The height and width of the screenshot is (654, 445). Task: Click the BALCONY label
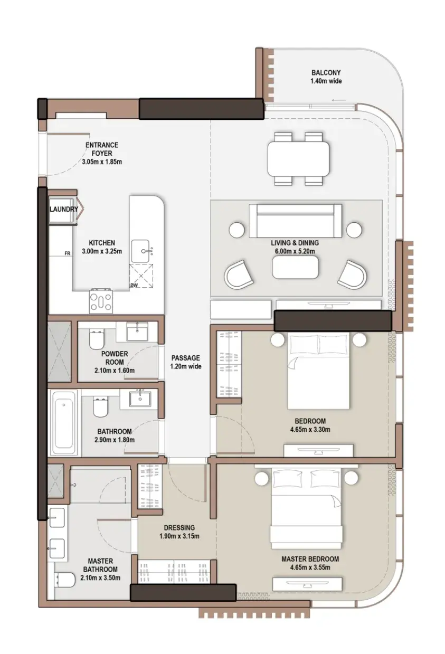tap(326, 72)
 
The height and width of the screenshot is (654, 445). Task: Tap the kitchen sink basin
tap(140, 251)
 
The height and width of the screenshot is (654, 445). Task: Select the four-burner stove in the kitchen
tap(101, 300)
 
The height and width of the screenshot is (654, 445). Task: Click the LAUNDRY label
tap(64, 209)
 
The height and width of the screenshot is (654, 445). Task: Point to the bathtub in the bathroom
tap(64, 422)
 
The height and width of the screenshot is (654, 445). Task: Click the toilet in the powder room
tap(96, 340)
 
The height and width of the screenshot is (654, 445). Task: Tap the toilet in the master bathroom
tap(65, 581)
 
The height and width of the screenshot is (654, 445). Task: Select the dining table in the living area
tap(299, 158)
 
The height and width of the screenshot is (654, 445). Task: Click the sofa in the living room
tap(295, 221)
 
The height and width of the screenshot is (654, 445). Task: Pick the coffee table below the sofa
tap(295, 267)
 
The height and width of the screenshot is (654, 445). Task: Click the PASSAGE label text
tap(185, 358)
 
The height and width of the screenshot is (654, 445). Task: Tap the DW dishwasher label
tap(134, 285)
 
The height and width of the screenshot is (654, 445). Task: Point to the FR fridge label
tap(68, 253)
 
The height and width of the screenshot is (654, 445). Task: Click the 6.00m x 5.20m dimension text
tap(295, 251)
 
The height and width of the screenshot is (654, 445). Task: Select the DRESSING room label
tap(179, 527)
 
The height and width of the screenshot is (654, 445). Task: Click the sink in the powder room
tap(137, 331)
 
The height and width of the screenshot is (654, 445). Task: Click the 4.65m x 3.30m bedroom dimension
tap(310, 430)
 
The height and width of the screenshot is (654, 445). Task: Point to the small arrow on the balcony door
tap(339, 101)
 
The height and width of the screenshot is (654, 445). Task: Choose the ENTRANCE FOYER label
tap(102, 149)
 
